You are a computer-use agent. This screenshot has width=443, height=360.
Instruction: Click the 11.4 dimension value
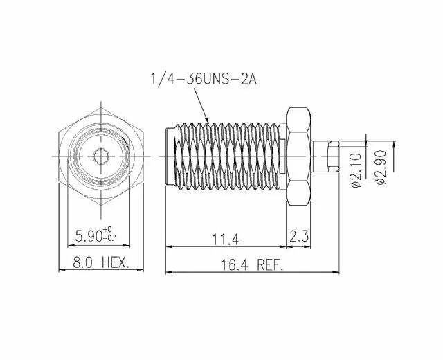point(225,240)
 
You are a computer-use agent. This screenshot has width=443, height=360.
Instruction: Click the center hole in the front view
point(101,156)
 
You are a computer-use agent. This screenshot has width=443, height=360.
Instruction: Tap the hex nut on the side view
point(299,156)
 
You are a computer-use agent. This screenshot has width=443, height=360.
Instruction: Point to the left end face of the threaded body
point(167,156)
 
